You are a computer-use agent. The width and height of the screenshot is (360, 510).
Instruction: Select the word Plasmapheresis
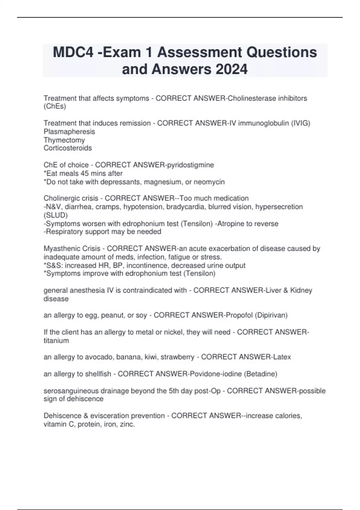point(69,132)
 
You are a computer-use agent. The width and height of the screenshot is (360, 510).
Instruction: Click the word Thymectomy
point(64,140)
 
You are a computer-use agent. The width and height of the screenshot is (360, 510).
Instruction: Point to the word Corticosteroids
point(68,148)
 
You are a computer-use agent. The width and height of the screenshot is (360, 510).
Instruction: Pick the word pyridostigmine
point(190,165)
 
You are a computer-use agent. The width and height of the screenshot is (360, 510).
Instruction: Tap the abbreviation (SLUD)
point(55,215)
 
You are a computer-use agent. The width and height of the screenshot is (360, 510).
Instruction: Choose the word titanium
point(56,340)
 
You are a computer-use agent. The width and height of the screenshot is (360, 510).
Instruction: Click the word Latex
point(282,357)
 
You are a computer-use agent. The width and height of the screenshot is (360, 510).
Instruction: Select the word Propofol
point(239,315)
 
